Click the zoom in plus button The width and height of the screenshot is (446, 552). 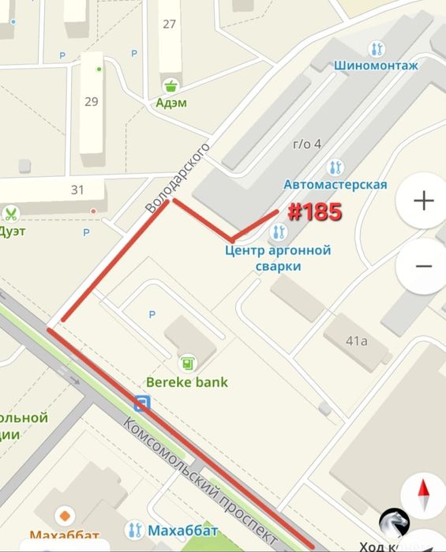(424, 201)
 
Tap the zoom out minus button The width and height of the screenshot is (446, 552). (424, 266)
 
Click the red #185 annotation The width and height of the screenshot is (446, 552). (313, 212)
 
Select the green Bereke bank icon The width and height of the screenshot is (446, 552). (188, 363)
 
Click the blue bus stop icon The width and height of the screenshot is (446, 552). (142, 404)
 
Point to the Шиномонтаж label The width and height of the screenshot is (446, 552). (376, 66)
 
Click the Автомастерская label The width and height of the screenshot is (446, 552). (335, 184)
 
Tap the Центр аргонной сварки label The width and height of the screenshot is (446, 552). (278, 258)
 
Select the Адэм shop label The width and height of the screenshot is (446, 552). (171, 102)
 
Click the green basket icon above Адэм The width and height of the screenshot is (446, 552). (170, 85)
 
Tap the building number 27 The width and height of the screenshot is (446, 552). (169, 24)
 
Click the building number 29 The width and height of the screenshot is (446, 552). (91, 101)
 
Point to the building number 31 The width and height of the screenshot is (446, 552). (77, 190)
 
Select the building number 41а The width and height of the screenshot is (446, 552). (357, 341)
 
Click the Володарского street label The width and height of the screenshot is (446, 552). (178, 177)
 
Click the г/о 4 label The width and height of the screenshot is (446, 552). (307, 144)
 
